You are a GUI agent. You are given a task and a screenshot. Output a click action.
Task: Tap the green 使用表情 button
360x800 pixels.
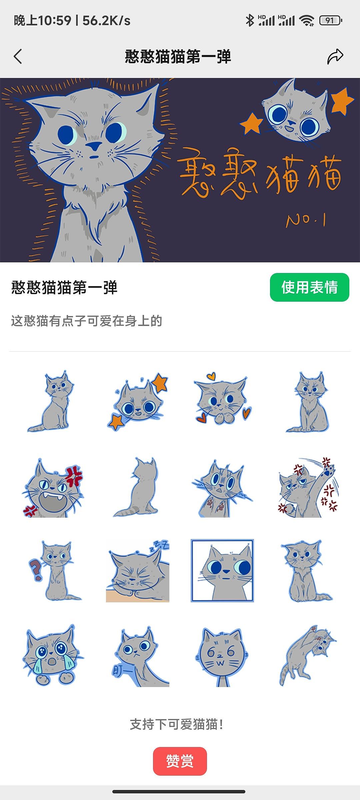coord(309,287)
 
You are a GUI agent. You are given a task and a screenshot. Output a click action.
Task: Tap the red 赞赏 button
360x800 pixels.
coord(180,761)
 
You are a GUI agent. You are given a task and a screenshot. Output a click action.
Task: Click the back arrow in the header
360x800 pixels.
coord(18,56)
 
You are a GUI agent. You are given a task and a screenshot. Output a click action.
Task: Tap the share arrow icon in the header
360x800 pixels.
coord(335,56)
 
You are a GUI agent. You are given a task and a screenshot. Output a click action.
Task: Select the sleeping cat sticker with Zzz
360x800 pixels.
coord(138,571)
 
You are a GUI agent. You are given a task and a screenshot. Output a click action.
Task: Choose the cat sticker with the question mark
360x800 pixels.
coord(53,571)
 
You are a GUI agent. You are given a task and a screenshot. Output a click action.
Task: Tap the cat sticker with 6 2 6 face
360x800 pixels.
coord(222,655)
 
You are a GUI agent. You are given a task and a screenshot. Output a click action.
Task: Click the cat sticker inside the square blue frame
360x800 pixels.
coord(222,571)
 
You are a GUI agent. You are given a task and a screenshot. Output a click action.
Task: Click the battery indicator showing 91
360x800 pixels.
coord(330,21)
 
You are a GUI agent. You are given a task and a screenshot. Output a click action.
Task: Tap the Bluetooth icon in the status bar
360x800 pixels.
coord(249,21)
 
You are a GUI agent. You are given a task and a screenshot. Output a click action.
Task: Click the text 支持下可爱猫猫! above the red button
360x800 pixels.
coord(176,724)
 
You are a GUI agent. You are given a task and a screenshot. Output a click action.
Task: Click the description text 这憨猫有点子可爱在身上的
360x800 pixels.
coord(86,321)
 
